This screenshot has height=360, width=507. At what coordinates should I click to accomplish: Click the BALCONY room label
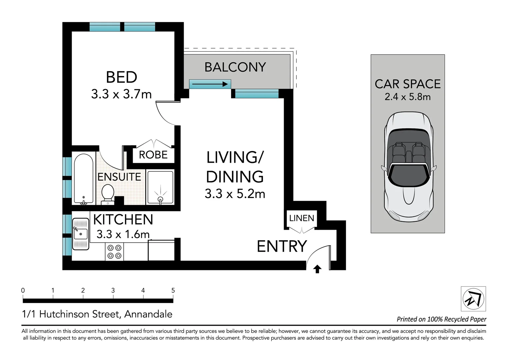coord(235,67)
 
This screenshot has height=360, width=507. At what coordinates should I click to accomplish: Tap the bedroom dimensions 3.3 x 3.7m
coord(121,94)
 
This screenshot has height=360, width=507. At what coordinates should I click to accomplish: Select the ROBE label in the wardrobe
coord(153,155)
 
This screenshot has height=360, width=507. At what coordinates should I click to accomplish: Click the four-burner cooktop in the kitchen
coord(114,252)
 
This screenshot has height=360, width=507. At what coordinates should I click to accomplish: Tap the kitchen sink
coord(81,234)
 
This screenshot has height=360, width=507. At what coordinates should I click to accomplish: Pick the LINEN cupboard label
coord(302,218)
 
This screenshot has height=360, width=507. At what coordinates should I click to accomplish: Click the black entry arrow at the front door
coord(317,269)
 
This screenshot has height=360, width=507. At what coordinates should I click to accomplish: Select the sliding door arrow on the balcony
coord(210,84)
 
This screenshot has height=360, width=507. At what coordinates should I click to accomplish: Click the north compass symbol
coord(473,299)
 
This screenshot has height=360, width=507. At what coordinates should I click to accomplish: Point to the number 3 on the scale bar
coord(113,290)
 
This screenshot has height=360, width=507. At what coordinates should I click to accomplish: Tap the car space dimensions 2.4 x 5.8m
coord(408,97)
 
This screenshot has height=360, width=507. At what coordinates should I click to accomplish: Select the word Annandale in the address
coord(148,314)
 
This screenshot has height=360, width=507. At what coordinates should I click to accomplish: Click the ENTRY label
coord(282,246)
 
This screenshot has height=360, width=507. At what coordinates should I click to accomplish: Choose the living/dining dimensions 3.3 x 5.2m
coord(235,194)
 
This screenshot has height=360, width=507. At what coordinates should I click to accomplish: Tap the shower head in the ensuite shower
coord(160,199)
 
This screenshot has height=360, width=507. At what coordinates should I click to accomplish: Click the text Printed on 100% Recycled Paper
coord(441,319)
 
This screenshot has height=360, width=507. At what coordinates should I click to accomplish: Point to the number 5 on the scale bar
coord(173,290)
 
